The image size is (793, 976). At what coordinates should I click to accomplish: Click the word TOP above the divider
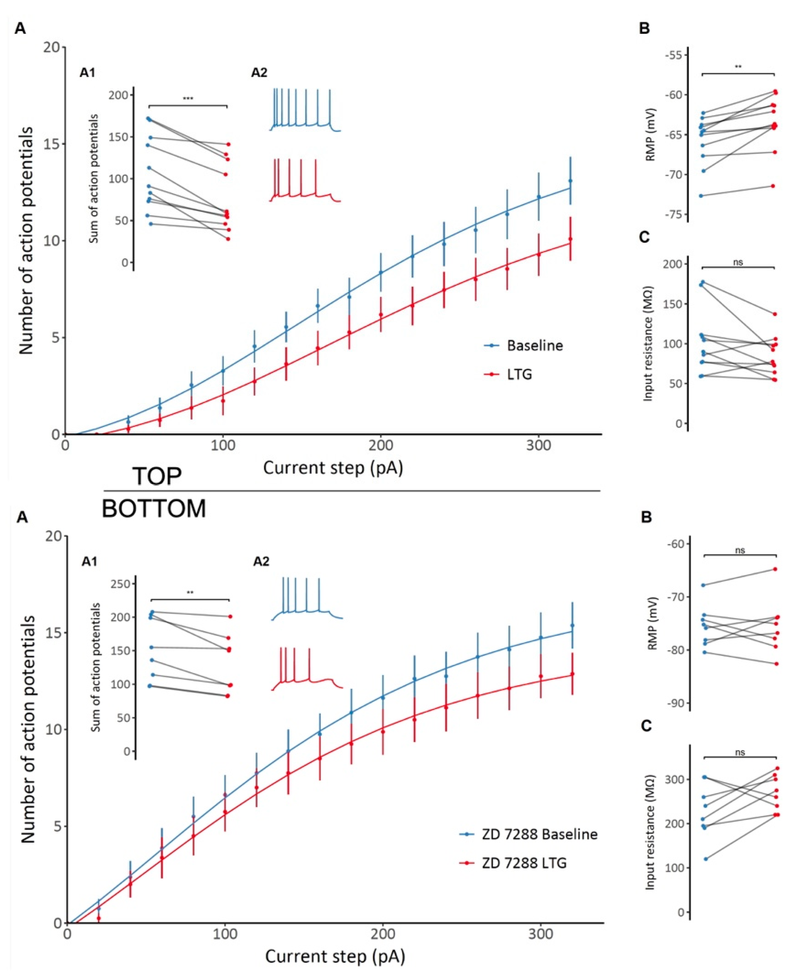click(x=157, y=477)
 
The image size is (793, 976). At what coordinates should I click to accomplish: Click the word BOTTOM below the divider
click(x=154, y=508)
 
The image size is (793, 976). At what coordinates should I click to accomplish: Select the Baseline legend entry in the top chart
click(x=534, y=346)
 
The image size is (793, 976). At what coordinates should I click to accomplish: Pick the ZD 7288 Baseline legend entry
click(x=539, y=834)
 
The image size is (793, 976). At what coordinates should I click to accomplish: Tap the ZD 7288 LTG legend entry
click(x=524, y=863)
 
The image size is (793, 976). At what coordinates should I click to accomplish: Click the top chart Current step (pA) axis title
click(x=333, y=468)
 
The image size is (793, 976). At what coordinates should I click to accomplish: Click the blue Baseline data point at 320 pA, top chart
click(x=570, y=181)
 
